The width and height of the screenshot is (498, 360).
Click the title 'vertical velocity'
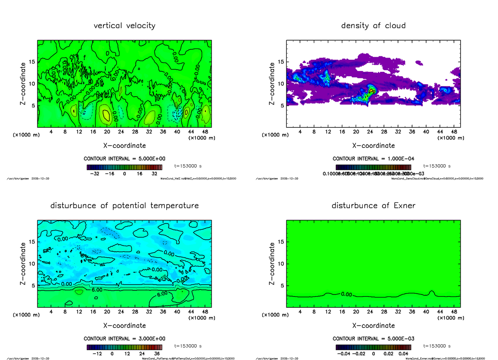point(124,26)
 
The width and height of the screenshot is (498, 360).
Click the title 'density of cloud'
point(373,26)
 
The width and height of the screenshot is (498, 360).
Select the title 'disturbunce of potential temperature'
point(124,206)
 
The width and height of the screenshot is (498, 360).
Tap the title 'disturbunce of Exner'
point(373,206)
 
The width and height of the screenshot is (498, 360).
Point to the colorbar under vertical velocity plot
point(124,167)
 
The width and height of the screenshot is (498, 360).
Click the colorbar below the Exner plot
point(373,347)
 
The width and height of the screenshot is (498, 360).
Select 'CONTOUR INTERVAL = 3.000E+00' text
point(124,338)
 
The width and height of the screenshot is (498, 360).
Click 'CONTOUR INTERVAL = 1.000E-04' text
point(373,158)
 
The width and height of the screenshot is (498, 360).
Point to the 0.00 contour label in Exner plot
point(346,294)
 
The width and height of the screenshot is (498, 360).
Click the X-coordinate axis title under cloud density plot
point(373,146)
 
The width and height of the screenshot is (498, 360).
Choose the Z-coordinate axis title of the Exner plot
point(272,263)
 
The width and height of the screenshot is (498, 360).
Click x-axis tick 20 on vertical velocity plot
point(107,132)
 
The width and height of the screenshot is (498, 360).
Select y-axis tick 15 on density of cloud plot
point(280,62)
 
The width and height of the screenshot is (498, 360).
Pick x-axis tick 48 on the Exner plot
point(454,312)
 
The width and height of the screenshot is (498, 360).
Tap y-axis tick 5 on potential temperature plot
point(33,285)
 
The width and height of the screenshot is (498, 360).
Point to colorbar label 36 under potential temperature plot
point(158,354)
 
